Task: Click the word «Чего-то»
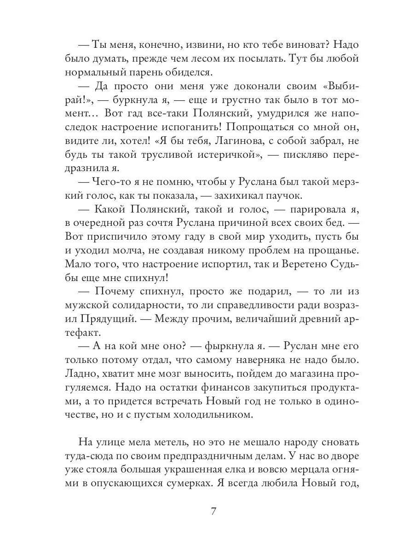pyautogui.click(x=113, y=182)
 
